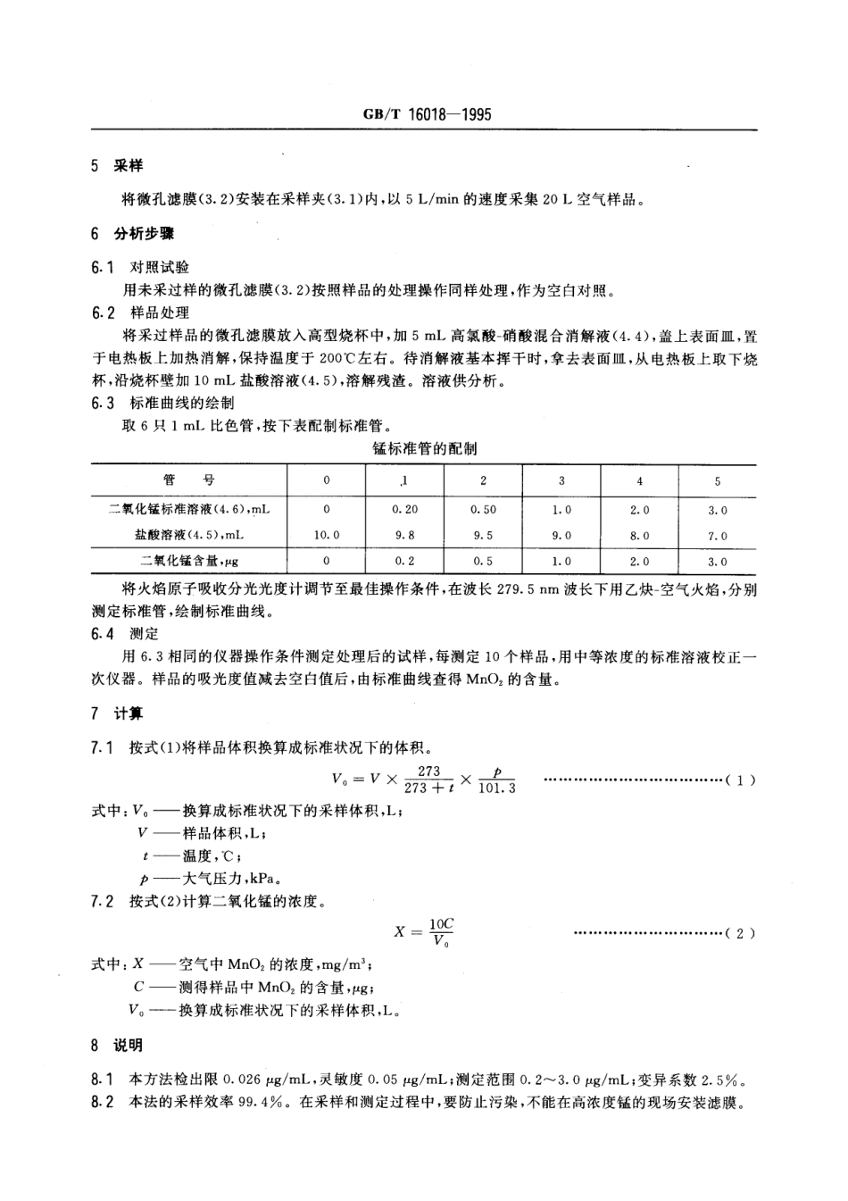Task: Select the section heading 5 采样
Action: click(116, 166)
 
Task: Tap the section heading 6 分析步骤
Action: click(132, 234)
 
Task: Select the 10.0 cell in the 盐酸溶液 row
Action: click(327, 536)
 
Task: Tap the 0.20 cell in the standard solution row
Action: click(404, 509)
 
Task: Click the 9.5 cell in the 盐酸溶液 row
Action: click(483, 536)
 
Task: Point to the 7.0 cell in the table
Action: click(718, 536)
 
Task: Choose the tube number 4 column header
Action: click(640, 481)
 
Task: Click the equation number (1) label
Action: click(741, 780)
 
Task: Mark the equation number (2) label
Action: click(741, 933)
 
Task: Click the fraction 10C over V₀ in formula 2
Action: click(441, 932)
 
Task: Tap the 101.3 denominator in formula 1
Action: click(497, 788)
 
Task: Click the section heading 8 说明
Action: click(116, 1046)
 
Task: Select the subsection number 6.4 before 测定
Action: click(103, 634)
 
